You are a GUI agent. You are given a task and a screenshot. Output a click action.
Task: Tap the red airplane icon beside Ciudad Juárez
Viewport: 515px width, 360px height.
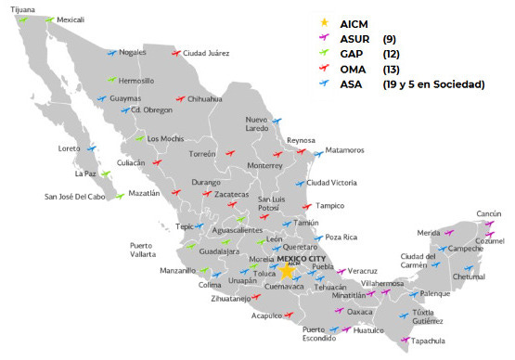(x=174, y=53)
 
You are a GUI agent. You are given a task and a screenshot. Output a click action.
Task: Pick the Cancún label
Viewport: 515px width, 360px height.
(x=489, y=213)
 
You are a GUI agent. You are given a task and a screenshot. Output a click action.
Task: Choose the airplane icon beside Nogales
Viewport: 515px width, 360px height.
(x=112, y=53)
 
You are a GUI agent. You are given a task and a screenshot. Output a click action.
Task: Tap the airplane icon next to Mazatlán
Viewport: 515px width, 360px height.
(x=119, y=195)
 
